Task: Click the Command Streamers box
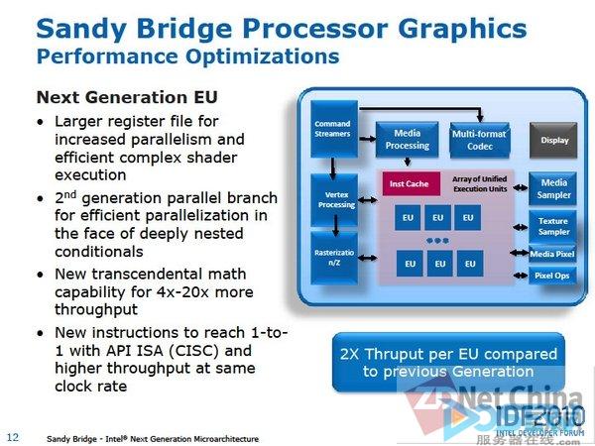[331, 129]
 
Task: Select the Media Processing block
[406, 139]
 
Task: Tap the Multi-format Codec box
[480, 140]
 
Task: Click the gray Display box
[554, 140]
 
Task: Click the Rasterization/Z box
[331, 257]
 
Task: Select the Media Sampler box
[553, 188]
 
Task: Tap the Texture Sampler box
[553, 227]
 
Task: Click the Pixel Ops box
[553, 275]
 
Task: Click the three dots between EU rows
[438, 241]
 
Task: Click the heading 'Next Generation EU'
[127, 97]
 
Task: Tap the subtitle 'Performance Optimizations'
[187, 56]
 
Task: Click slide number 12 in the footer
[13, 437]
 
